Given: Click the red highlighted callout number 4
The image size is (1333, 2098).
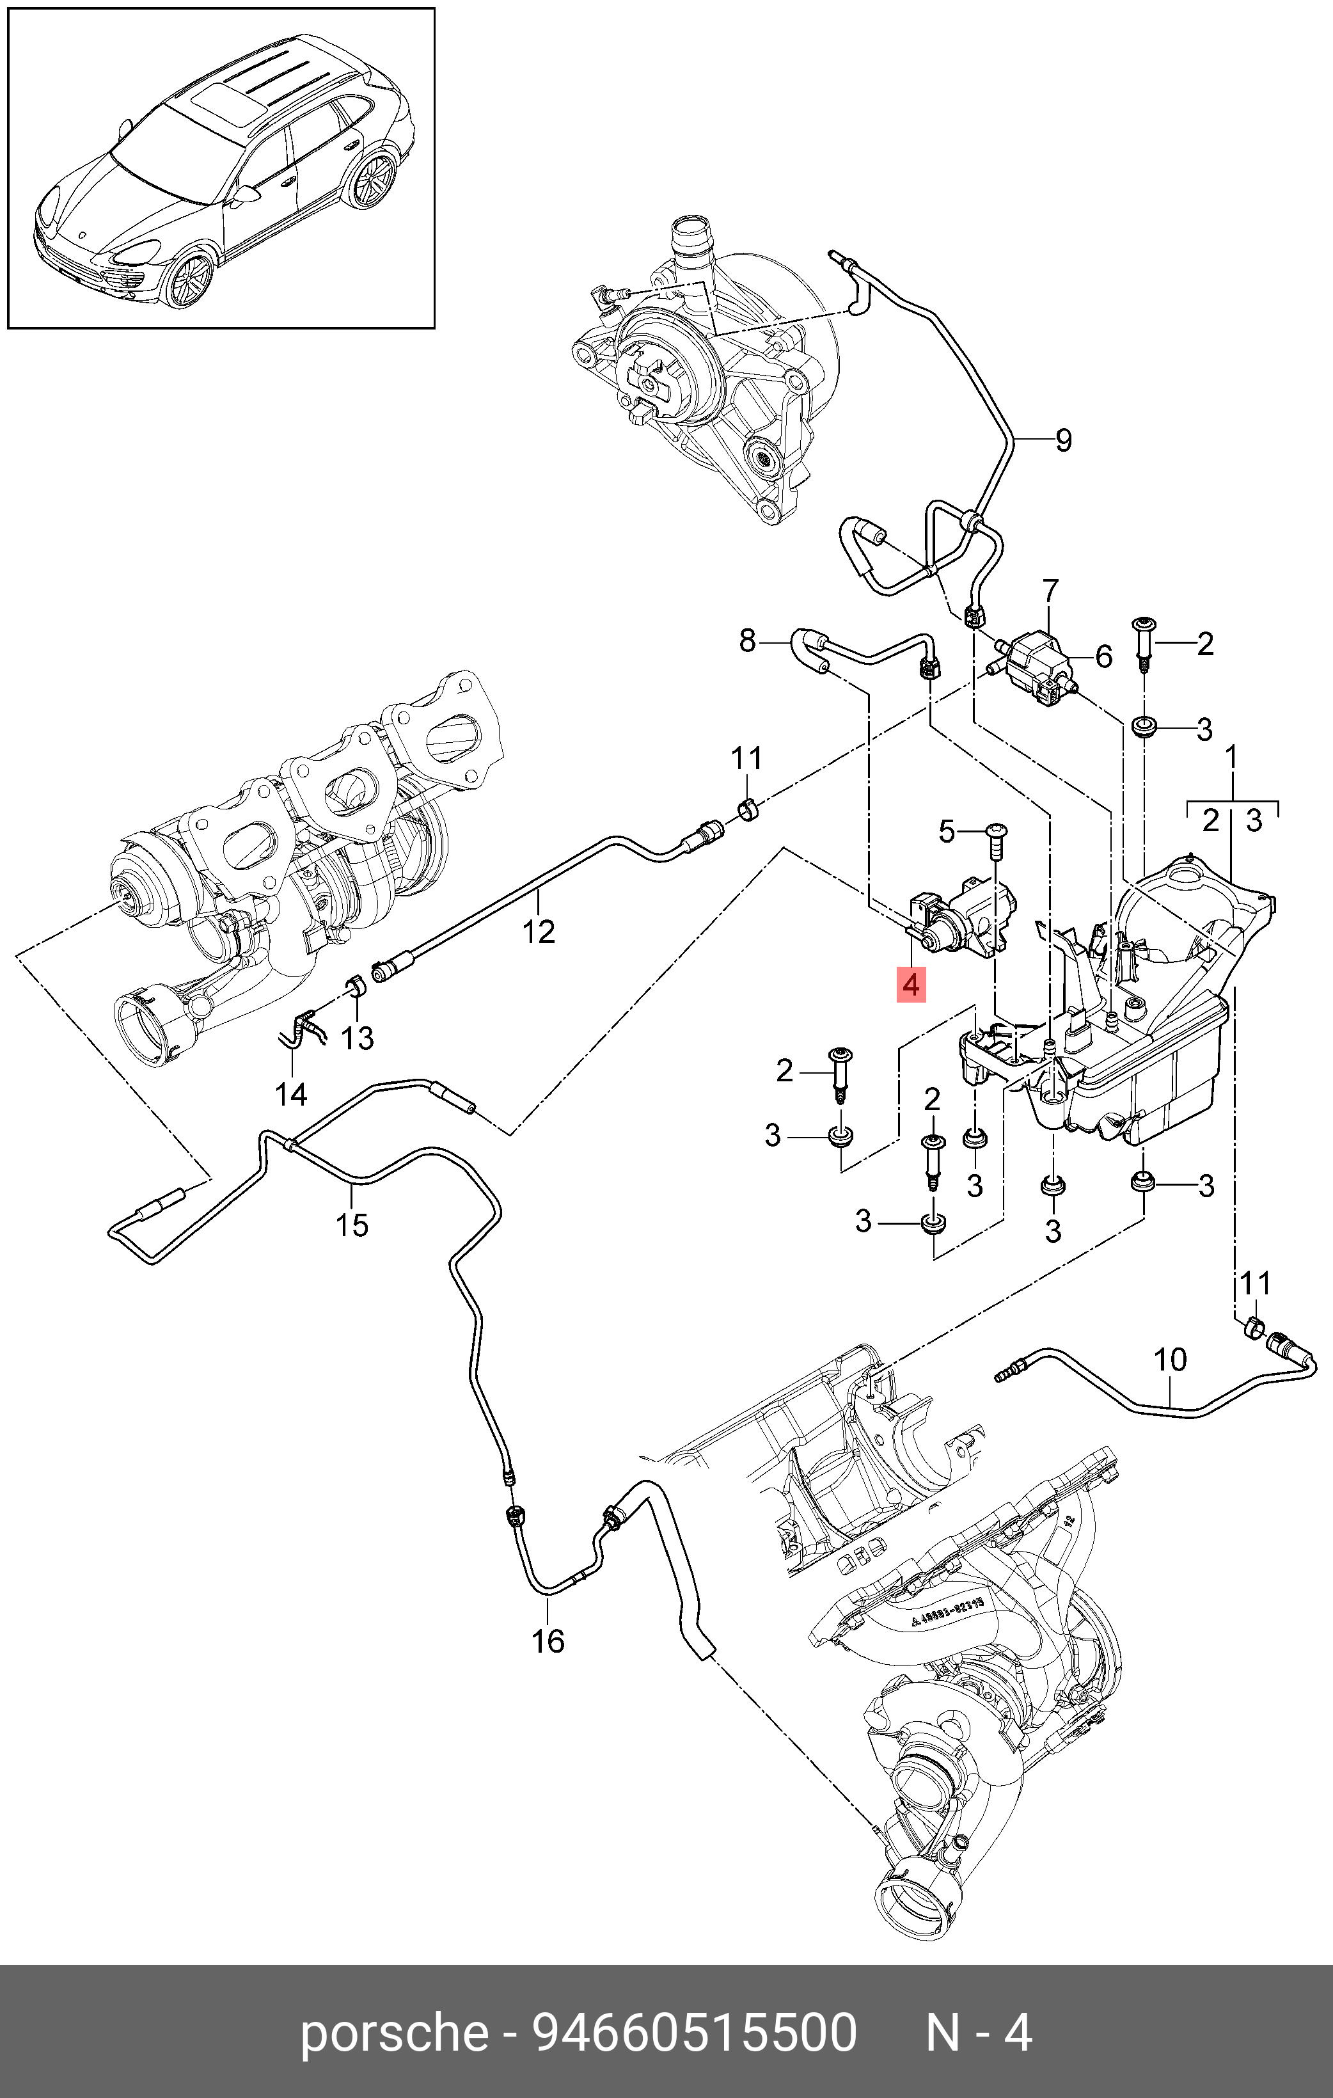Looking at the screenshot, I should (x=911, y=985).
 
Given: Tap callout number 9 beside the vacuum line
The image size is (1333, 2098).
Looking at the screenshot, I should (x=1063, y=440).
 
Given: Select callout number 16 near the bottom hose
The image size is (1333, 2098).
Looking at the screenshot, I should (x=548, y=1641).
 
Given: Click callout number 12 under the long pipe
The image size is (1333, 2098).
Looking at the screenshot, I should (x=539, y=932).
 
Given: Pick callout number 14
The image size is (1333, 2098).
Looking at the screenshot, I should (x=291, y=1093).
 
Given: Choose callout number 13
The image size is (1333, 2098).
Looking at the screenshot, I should (x=357, y=1038).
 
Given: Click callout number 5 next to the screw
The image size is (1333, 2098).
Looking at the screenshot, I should (x=947, y=831).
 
